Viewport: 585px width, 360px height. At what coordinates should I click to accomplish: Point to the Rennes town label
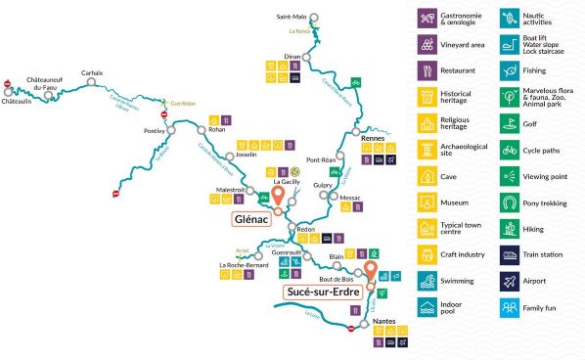pyautogui.click(x=374, y=139)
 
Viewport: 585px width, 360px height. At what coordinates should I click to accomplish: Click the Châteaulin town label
pyautogui.click(x=17, y=101)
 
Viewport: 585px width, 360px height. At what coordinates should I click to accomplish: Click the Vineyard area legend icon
pyautogui.click(x=427, y=44)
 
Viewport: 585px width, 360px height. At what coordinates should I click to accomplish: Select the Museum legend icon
pyautogui.click(x=427, y=202)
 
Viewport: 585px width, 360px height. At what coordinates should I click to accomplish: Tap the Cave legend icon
pyautogui.click(x=427, y=176)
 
